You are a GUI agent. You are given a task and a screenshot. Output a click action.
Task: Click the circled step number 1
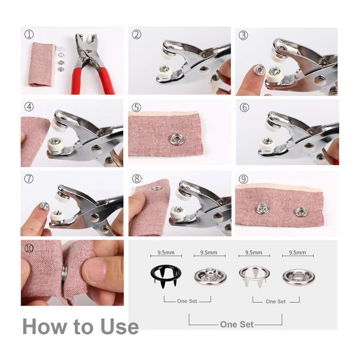pyautogui.click(x=29, y=35)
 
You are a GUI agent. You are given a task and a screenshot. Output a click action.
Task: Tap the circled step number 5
pyautogui.click(x=137, y=107)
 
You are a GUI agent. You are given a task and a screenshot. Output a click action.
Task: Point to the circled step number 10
pyautogui.click(x=29, y=249)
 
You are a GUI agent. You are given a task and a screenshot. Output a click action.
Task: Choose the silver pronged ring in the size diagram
pyautogui.click(x=253, y=274)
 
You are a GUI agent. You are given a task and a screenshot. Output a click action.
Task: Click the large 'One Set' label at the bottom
pyautogui.click(x=236, y=324)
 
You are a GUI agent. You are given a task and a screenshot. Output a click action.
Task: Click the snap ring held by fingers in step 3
pyautogui.click(x=260, y=71)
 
